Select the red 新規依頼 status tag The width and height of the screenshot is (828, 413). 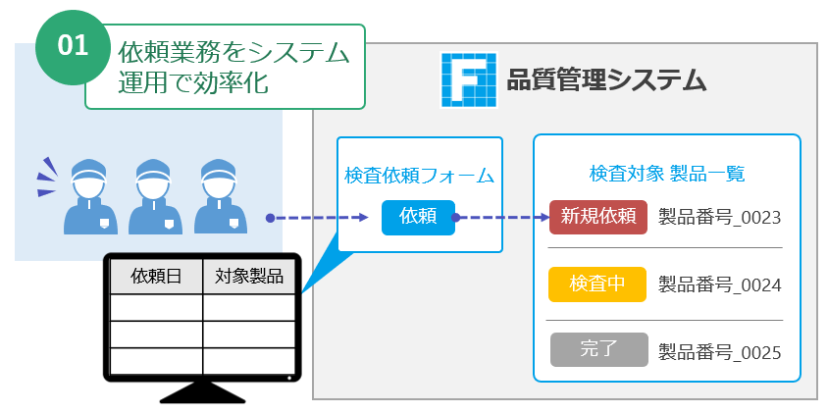tap(598, 217)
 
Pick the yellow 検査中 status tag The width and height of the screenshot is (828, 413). tap(598, 284)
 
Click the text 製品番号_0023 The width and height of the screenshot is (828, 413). tap(719, 217)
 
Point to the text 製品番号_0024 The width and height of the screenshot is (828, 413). tap(719, 284)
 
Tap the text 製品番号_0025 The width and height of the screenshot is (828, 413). tap(719, 350)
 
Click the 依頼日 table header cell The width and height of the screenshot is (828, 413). tap(156, 277)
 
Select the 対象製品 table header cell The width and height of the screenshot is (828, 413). tap(249, 277)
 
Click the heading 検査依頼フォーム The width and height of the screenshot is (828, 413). tap(419, 177)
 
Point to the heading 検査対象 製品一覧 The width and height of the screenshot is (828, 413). tap(667, 174)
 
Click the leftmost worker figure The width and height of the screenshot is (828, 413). tap(90, 196)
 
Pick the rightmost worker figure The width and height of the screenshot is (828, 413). tap(220, 196)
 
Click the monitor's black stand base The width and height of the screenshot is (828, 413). tap(203, 393)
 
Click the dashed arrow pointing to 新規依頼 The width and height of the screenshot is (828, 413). tap(500, 218)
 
